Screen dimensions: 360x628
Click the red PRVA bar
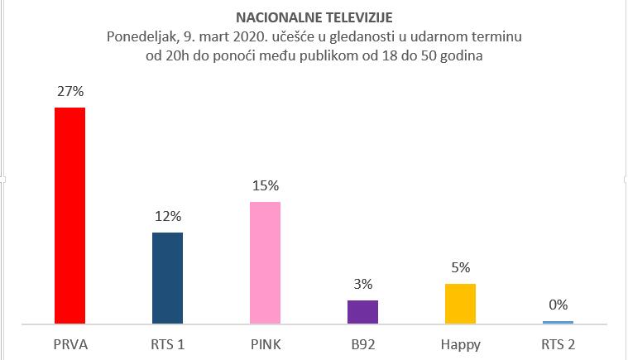70,215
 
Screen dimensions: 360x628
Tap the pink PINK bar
265,262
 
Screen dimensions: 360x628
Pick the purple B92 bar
362,311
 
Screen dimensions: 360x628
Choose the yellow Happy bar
460,303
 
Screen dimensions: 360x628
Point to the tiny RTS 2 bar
558,322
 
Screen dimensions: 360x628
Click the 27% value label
70,92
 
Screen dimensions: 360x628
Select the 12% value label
167,217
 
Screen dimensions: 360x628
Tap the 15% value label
265,186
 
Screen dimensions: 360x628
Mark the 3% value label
362,285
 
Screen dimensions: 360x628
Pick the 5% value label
460,267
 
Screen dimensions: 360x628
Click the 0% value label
558,305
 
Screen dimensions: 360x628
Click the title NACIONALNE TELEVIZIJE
314,17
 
